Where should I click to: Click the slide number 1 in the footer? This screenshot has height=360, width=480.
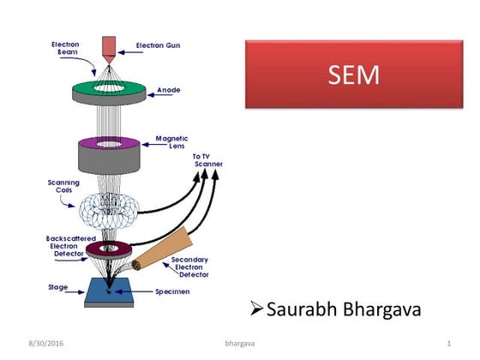(448, 344)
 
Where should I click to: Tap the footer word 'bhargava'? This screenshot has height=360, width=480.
(240, 344)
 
